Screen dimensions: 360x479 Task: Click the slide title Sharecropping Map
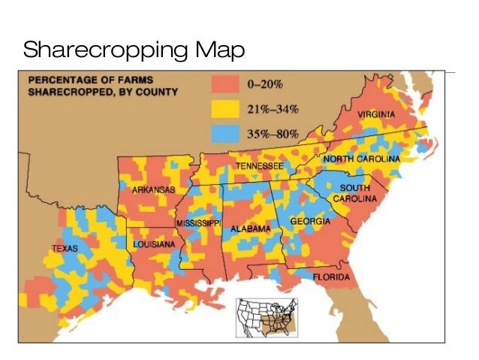click(134, 50)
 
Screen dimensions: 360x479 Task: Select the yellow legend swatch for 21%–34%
click(224, 109)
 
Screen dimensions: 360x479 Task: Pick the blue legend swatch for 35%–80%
click(224, 134)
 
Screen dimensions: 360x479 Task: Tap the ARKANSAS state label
click(153, 190)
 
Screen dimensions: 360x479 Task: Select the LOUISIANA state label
click(154, 245)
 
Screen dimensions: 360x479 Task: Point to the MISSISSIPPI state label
click(199, 224)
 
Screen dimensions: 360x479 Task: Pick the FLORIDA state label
click(331, 277)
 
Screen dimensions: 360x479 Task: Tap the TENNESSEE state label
click(259, 165)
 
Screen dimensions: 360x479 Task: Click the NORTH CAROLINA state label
click(361, 159)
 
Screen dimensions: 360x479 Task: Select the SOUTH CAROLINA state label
click(360, 192)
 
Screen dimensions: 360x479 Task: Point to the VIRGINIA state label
click(376, 114)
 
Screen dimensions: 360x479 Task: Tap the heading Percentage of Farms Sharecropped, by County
click(104, 86)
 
